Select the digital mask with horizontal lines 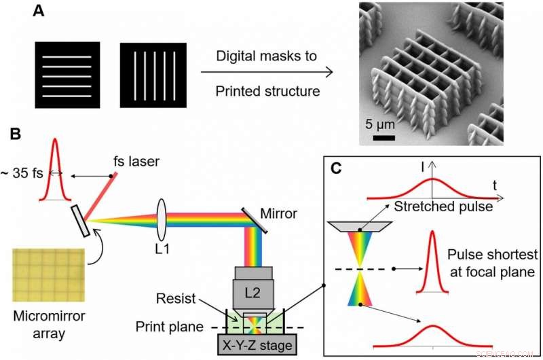(x=68, y=75)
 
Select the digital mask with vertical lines (x=153, y=75)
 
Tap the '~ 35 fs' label (x=22, y=175)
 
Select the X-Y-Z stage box (x=256, y=345)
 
